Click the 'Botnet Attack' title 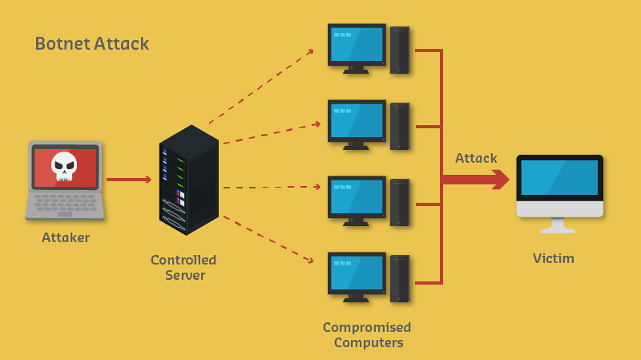(x=91, y=43)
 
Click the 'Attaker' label (x=66, y=237)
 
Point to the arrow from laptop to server (x=128, y=180)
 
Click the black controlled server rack (x=188, y=180)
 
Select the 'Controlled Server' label (x=183, y=268)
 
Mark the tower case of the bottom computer (x=400, y=278)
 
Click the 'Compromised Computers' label (x=367, y=335)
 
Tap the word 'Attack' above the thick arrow (x=476, y=158)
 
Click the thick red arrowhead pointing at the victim (x=501, y=180)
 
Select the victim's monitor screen (x=559, y=178)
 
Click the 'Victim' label (x=554, y=258)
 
